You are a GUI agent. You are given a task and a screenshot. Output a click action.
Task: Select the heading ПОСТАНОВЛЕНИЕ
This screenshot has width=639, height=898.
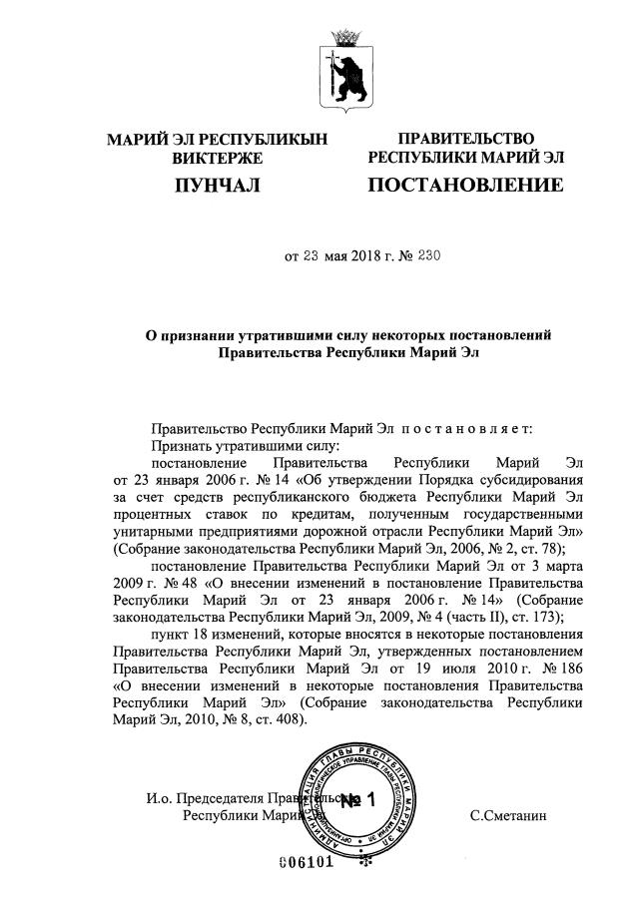(x=465, y=185)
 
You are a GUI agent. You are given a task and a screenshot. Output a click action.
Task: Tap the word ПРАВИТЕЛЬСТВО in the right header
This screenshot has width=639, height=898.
(x=465, y=138)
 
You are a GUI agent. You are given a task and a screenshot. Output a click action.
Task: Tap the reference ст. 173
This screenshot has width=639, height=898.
(x=540, y=618)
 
